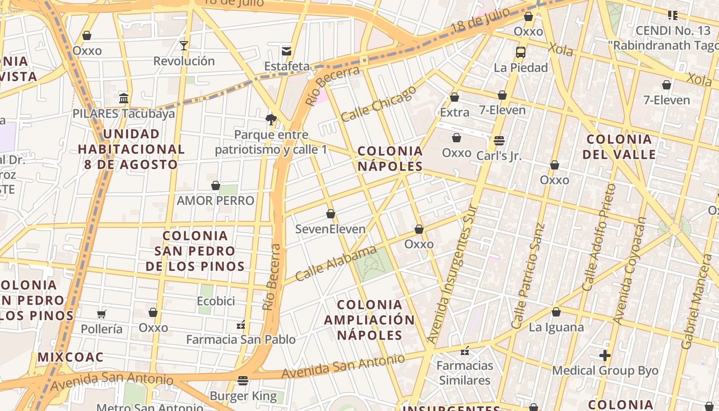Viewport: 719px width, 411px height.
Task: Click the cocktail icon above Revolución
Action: (x=184, y=46)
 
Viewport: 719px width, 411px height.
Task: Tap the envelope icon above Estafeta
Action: (x=287, y=51)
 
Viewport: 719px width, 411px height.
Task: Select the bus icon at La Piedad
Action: (x=521, y=52)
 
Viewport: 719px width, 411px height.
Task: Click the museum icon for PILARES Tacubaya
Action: (x=123, y=98)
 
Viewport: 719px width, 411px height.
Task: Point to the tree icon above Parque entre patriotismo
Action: (x=271, y=120)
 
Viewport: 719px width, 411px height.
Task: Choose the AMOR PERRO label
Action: (x=215, y=200)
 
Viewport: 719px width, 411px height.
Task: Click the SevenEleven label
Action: (x=330, y=229)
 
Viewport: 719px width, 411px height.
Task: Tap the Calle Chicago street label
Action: (x=379, y=104)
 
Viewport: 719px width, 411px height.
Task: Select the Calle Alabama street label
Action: (x=336, y=264)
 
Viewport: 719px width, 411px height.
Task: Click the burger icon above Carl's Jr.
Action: (x=499, y=140)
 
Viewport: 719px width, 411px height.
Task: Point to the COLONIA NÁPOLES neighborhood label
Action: (x=390, y=158)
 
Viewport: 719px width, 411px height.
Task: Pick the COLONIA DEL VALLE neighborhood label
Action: (x=619, y=146)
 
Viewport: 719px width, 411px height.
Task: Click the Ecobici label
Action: (x=216, y=301)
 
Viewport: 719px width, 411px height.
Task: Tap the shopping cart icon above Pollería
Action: (x=102, y=314)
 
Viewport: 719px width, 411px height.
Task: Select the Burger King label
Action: (x=243, y=396)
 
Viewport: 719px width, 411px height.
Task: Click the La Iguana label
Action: (x=556, y=327)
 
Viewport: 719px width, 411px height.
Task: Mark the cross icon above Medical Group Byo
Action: (x=605, y=355)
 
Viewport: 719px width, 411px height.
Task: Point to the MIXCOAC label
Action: (x=70, y=357)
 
